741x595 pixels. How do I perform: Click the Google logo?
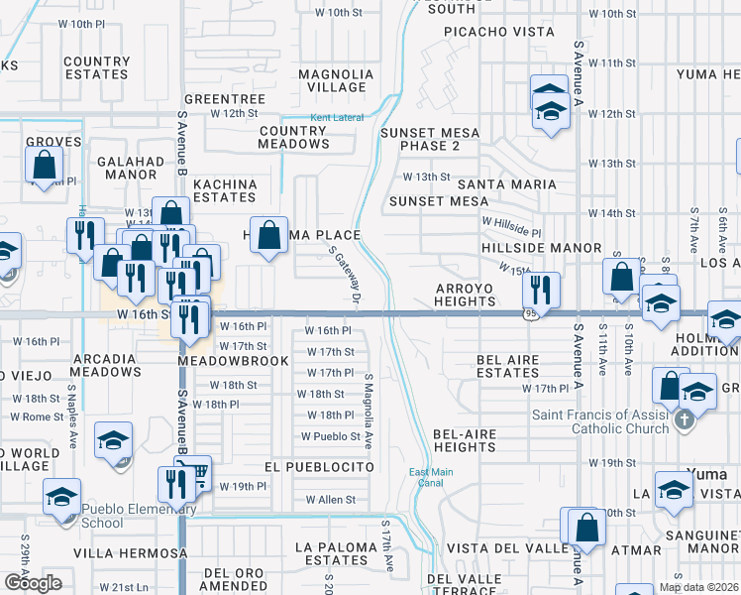(x=33, y=583)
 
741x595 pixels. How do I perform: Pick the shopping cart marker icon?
(x=197, y=472)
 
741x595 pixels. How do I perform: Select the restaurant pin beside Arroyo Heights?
(x=541, y=289)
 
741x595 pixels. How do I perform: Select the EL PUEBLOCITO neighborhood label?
(x=319, y=466)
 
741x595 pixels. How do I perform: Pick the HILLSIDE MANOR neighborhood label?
(x=541, y=247)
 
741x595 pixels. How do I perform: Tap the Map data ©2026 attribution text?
(x=698, y=587)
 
